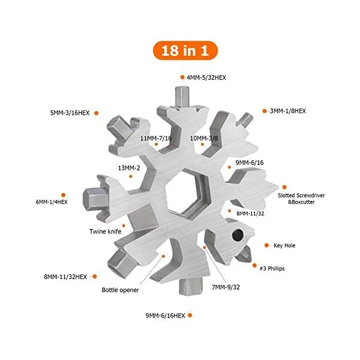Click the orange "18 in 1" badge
[x=185, y=50]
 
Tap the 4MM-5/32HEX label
[x=206, y=77]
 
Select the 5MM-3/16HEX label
[x=70, y=113]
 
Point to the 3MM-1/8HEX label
[x=288, y=111]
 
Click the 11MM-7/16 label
[x=156, y=138]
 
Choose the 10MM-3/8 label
[x=204, y=138]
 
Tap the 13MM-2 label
[x=129, y=168]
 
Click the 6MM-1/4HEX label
[x=52, y=202]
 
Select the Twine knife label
[x=106, y=232]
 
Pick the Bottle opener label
[x=120, y=290]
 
